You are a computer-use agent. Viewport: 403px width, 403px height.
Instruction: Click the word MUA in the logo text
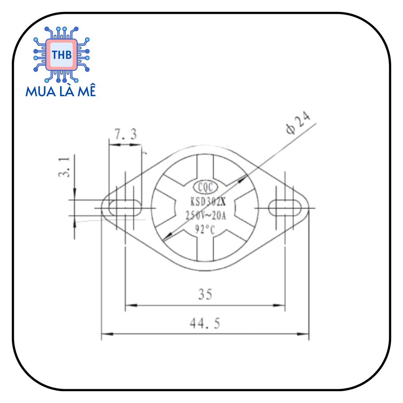39,92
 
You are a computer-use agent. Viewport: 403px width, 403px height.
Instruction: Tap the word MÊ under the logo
85,92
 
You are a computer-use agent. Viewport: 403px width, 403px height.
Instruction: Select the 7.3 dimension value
126,135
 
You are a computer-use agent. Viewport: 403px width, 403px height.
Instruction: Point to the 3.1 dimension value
65,167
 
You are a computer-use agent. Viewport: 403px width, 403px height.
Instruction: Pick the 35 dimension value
205,294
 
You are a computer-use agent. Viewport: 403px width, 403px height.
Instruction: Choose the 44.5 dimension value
205,324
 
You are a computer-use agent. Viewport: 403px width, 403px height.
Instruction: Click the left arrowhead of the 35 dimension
130,305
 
